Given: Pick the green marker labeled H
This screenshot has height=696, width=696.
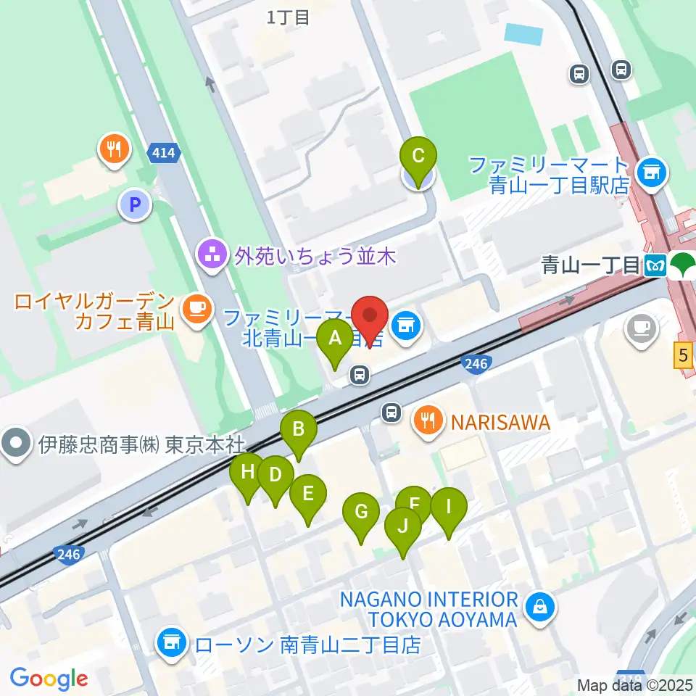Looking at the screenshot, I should (247, 473).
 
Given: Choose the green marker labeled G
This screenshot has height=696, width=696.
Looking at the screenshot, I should (361, 512).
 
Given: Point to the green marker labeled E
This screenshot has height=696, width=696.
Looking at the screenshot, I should (307, 495).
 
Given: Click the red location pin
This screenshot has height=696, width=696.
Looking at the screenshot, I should (370, 318).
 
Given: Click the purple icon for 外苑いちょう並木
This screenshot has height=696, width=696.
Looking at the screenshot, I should (212, 255).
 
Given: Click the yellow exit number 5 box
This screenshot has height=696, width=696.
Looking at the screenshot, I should (683, 356).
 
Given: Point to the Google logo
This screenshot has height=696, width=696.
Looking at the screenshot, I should (49, 679).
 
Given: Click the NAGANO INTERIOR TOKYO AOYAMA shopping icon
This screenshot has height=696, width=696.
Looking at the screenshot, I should (540, 605).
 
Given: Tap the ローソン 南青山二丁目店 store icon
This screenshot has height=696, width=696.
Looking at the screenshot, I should (171, 643).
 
